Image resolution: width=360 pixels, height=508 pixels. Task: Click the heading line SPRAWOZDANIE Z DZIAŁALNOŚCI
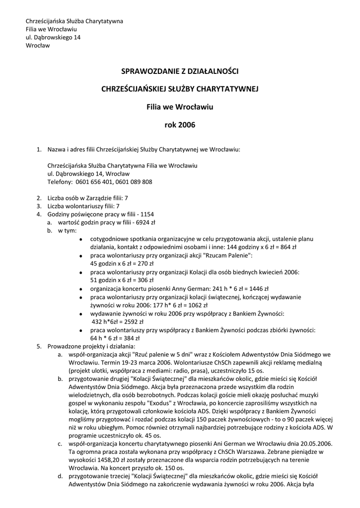(180, 71)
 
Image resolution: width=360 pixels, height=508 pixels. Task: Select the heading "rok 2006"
(180, 125)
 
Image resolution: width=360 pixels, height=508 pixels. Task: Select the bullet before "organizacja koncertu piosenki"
(81, 288)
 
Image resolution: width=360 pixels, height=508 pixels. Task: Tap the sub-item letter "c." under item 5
(59, 443)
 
